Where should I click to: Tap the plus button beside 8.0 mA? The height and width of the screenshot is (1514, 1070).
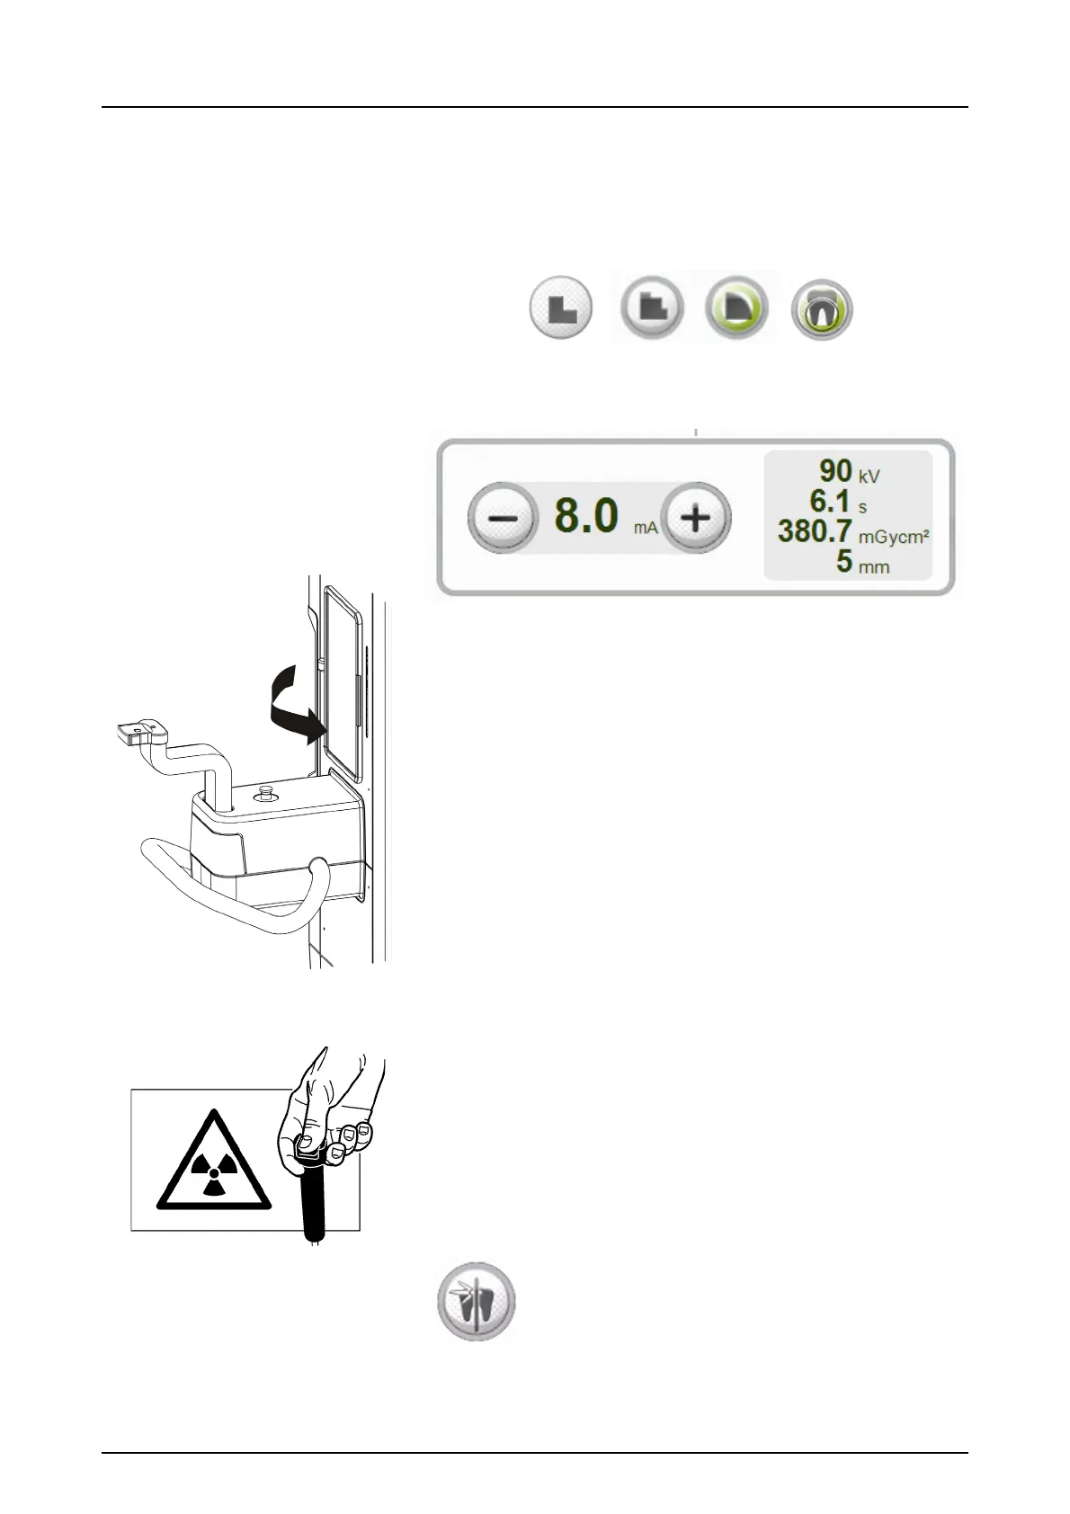click(x=696, y=519)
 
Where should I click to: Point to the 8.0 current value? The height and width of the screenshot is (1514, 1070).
click(x=586, y=517)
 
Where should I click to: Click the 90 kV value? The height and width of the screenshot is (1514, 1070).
click(x=835, y=470)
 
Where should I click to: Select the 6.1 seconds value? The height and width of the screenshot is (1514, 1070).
click(x=830, y=501)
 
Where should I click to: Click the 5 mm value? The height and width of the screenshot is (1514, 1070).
click(x=843, y=563)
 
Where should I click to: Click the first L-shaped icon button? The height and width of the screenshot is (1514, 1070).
click(x=560, y=308)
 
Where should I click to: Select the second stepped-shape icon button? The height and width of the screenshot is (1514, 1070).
click(x=651, y=308)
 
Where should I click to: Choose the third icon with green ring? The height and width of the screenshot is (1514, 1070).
click(x=737, y=308)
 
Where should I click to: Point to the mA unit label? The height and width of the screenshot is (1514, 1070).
click(x=646, y=528)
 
